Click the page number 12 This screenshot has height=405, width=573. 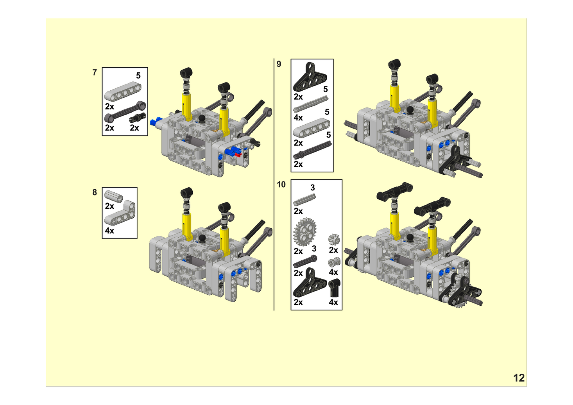tap(519, 378)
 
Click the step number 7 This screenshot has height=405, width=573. tap(95, 72)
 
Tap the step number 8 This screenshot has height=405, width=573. tap(95, 192)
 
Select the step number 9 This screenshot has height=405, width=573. tap(279, 64)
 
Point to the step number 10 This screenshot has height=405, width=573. tap(281, 185)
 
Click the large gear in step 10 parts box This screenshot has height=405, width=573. tap(304, 232)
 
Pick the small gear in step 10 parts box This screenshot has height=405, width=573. tap(334, 240)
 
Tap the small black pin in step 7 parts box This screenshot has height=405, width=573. tap(137, 118)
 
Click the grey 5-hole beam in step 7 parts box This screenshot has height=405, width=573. tap(123, 91)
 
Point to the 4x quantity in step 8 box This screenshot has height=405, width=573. tap(109, 231)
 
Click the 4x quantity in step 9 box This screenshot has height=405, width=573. tap(298, 118)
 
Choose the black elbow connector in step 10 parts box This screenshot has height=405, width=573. tap(334, 288)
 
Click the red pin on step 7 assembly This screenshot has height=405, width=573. tap(238, 154)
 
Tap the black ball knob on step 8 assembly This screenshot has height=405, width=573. tap(202, 238)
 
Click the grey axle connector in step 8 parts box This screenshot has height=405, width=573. tap(114, 196)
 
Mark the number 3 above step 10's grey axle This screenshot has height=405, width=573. tap(313, 188)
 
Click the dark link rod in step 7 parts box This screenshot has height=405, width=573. tap(125, 112)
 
